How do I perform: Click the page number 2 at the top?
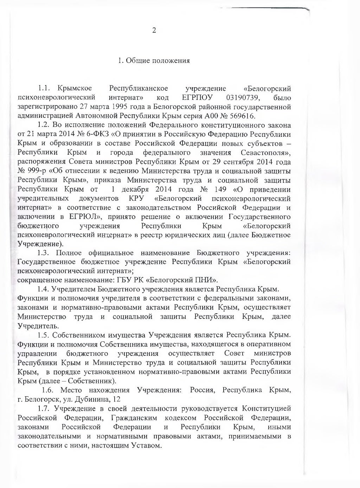(154, 30)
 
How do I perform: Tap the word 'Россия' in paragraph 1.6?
(202, 390)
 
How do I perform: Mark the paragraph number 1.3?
(45, 253)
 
